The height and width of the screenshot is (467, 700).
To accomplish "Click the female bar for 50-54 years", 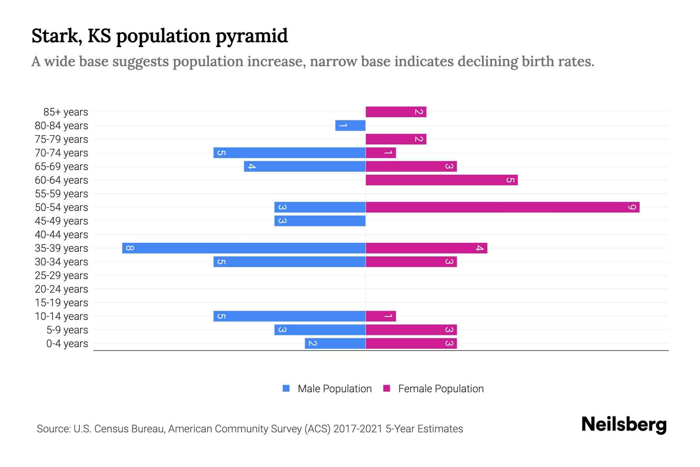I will click(x=502, y=207).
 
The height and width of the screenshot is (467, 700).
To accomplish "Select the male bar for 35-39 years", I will click(x=244, y=248).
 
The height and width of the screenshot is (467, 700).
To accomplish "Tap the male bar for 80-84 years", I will click(x=350, y=126).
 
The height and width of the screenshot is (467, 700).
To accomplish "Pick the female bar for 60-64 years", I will click(x=441, y=180).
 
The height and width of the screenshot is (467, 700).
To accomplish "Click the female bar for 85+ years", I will click(x=396, y=112).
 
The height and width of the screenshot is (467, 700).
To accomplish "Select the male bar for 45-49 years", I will click(x=320, y=221).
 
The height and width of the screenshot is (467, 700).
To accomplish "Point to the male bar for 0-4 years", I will click(x=335, y=344).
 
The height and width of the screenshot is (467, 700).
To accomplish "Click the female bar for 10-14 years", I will click(x=381, y=316).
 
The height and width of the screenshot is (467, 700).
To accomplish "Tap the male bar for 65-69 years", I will click(x=305, y=167).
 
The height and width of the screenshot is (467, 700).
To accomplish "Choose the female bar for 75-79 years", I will click(x=396, y=139).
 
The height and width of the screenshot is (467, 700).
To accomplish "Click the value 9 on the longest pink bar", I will click(x=632, y=207).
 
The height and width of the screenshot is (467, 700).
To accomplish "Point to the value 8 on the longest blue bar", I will click(x=130, y=248).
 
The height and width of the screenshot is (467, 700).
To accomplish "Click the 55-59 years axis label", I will click(x=61, y=194).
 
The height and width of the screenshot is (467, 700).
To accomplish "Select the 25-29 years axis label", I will click(x=61, y=276).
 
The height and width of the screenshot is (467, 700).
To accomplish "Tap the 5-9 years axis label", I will click(x=67, y=330).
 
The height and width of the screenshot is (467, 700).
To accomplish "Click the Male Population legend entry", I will click(x=334, y=389).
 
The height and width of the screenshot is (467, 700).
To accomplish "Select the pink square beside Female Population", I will click(x=387, y=388).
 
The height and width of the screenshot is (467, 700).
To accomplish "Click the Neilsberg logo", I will click(x=624, y=424).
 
